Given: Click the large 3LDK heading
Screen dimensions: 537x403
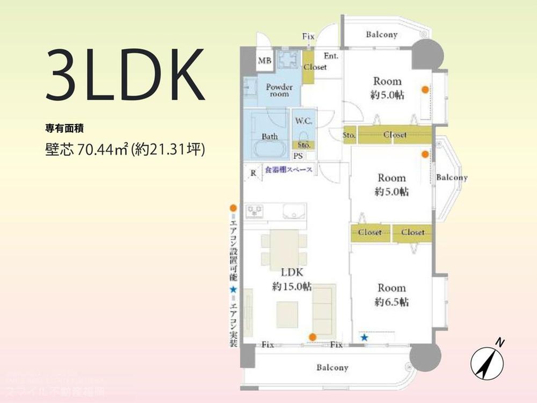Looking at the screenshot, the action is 126,76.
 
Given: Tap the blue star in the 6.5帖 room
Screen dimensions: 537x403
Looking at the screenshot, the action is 365,337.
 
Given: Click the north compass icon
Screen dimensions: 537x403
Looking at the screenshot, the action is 489,361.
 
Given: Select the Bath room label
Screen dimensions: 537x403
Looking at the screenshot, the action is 270,136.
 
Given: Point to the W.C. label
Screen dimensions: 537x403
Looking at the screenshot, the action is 300,121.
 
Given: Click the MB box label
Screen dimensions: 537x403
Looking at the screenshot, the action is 264,61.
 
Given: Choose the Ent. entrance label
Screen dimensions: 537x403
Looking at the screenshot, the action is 331,55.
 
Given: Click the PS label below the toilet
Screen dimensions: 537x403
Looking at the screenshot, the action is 297,156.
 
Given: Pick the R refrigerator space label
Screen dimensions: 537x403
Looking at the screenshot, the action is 253,173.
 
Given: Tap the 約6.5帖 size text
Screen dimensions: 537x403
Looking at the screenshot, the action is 391,301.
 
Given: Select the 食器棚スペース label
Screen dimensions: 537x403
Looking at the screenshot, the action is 289,170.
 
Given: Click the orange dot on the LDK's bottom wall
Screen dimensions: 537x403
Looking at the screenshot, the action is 312,337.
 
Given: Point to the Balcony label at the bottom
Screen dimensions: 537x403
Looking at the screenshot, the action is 332,368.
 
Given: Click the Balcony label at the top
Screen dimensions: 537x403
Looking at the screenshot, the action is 382,35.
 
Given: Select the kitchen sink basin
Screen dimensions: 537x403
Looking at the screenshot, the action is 293,211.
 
